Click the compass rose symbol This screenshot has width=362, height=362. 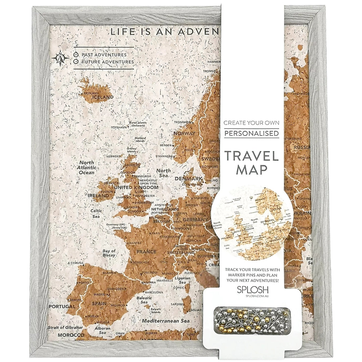tap(60, 58)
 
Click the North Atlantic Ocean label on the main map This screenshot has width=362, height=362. tap(86, 168)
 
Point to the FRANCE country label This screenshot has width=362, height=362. tap(146, 251)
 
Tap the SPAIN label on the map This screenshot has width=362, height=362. tap(100, 303)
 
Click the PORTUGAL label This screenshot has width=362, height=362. tap(62, 306)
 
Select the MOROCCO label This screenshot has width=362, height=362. tap(71, 335)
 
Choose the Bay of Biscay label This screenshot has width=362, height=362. tap(109, 253)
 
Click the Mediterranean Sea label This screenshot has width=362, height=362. tap(166, 320)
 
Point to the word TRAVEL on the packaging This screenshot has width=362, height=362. tap(251, 156)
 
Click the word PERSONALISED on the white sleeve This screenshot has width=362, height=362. tap(251, 133)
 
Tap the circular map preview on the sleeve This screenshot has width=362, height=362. tap(252, 221)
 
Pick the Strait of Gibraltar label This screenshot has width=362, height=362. tap(65, 327)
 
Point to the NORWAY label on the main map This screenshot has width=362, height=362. tap(184, 133)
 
